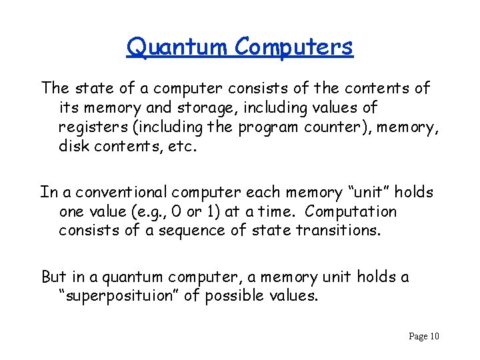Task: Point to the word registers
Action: (x=89, y=127)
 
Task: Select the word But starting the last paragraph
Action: (x=54, y=276)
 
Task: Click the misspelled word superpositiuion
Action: (x=119, y=295)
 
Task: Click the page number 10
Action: (x=434, y=337)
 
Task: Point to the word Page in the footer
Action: (x=418, y=337)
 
